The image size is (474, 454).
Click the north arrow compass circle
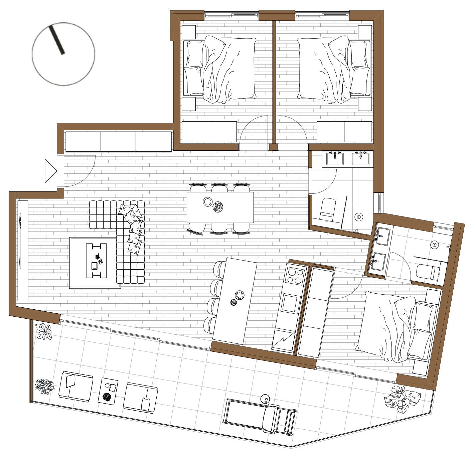tap(63, 54)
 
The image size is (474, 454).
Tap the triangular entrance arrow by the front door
tap(50, 171)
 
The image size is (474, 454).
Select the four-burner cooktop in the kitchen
tap(295, 276)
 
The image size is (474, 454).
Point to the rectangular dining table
tap(220, 207)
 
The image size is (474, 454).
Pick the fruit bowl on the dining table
tap(218, 207)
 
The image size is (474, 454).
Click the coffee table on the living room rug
tap(96, 261)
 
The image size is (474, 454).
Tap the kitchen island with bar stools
tap(235, 301)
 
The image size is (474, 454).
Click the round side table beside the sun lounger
tap(265, 399)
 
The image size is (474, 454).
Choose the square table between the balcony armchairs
tap(108, 391)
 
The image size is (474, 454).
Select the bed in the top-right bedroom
tap(334, 69)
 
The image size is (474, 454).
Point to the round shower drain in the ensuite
tap(434, 245)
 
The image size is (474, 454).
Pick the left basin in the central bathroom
tap(335, 159)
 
